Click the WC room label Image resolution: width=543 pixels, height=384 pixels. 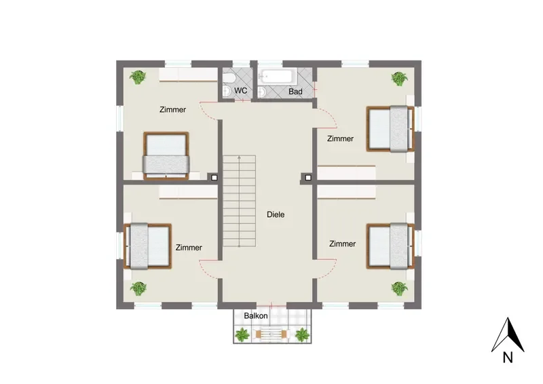pos(241,91)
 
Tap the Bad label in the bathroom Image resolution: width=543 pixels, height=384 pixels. pos(295,92)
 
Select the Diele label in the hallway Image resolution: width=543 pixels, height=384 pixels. pos(276,214)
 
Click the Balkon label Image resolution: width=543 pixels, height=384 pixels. pos(256,315)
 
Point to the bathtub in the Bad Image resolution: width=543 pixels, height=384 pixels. pos(279,77)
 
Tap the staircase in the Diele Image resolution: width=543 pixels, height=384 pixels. pos(240,201)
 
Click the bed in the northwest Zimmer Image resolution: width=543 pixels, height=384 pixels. pos(166,156)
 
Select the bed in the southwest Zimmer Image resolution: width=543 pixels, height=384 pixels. pos(148,246)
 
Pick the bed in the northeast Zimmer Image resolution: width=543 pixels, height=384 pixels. pos(391,129)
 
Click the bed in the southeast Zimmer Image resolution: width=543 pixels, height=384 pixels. pos(391,246)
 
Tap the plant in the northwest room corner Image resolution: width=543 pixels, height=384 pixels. pos(138,77)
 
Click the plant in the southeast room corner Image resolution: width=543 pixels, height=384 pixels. pos(399,288)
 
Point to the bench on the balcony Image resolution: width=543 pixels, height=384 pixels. pos(271,334)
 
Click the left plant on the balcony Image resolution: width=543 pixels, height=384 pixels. pos(242,335)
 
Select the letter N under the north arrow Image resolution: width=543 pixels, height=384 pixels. pos(508,358)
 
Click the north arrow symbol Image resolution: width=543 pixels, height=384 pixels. pos(508,334)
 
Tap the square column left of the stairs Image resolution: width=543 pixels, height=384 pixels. pos(214,178)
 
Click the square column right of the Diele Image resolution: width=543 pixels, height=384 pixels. pos(308,178)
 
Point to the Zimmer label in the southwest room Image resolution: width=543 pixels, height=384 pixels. pos(189,248)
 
